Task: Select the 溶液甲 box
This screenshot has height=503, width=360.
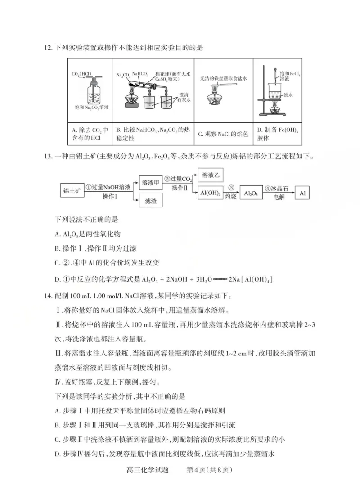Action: point(150,183)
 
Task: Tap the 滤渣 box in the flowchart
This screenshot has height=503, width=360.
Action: point(150,201)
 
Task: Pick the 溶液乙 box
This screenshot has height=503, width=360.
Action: point(210,175)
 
